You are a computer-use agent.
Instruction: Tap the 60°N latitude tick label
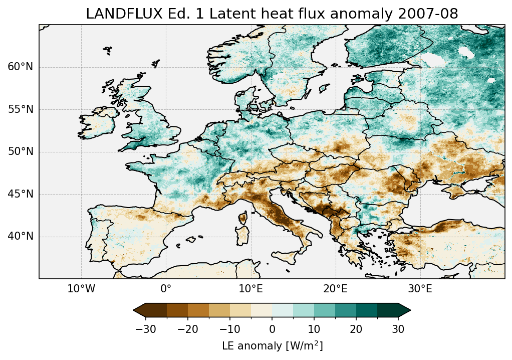tap(21, 67)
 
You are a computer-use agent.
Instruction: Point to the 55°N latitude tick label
tap(21, 109)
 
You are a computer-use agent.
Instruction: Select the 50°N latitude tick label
tap(21, 152)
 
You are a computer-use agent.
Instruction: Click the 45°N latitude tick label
tap(21, 194)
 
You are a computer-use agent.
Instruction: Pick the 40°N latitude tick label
tap(21, 236)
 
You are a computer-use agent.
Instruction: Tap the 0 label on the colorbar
tap(272, 329)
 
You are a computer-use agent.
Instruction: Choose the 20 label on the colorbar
tap(356, 329)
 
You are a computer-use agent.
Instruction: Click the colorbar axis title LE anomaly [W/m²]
tap(272, 346)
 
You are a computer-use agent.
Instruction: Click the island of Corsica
tap(243, 218)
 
